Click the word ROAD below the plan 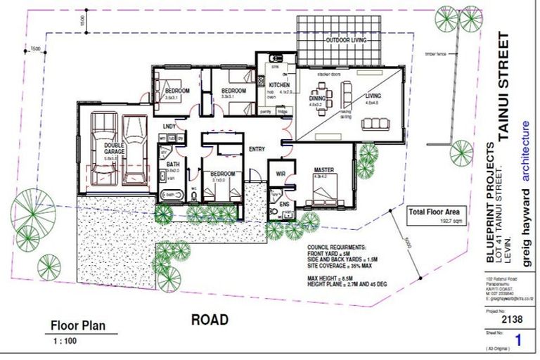[x=210, y=320]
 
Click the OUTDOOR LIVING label [x=345, y=41]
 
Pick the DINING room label [x=317, y=99]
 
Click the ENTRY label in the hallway [x=257, y=149]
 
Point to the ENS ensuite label [x=283, y=205]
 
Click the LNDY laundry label [x=169, y=127]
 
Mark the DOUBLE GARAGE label [x=115, y=149]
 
